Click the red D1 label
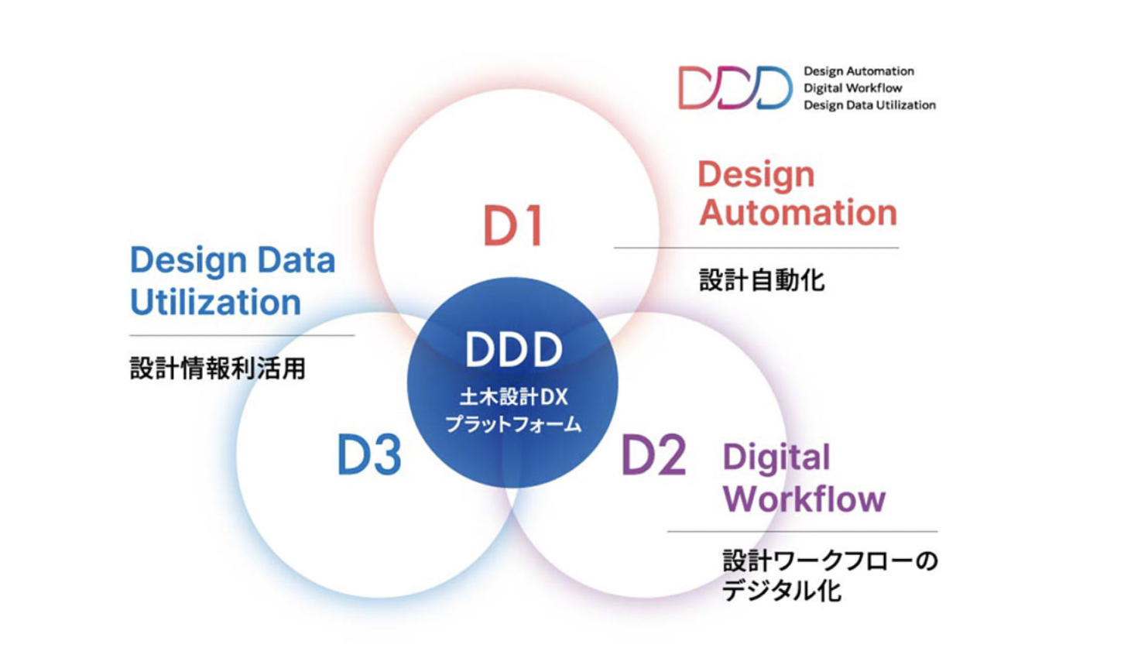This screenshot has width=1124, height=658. coord(513,225)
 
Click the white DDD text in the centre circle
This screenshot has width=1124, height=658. coord(513,350)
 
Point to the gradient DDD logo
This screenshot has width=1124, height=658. coord(735,87)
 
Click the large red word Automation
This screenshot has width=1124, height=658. coord(798,212)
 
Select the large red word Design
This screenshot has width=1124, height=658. coord(756,174)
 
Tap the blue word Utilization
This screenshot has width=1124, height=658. coord(215,302)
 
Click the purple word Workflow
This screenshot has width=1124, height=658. coord(804,499)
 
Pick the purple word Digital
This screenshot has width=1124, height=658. coord(776,458)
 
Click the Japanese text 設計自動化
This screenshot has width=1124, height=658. coord(762,280)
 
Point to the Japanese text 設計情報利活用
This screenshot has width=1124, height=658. coord(218,368)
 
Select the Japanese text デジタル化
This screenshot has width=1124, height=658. coord(781,591)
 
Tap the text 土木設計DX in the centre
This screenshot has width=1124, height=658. coord(513,397)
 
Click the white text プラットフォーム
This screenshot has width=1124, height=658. coord(513,423)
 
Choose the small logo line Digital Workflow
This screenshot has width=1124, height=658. coord(852,88)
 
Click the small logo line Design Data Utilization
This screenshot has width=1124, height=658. coord(869,105)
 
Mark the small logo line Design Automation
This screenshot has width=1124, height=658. coord(858,71)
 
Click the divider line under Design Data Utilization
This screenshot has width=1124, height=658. coord(242,335)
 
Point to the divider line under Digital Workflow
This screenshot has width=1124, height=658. coord(802,532)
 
